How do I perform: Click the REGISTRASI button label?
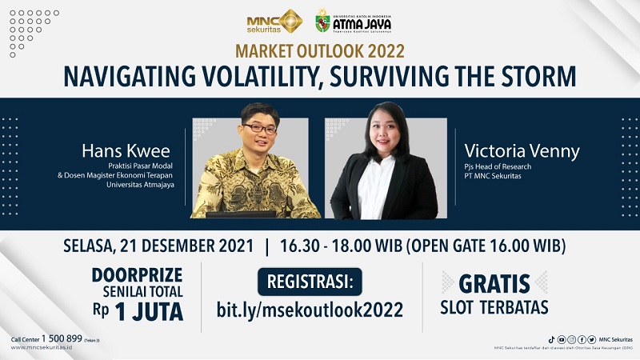[311, 281]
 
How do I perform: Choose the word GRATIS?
[494, 283]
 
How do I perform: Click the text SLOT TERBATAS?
[494, 307]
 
